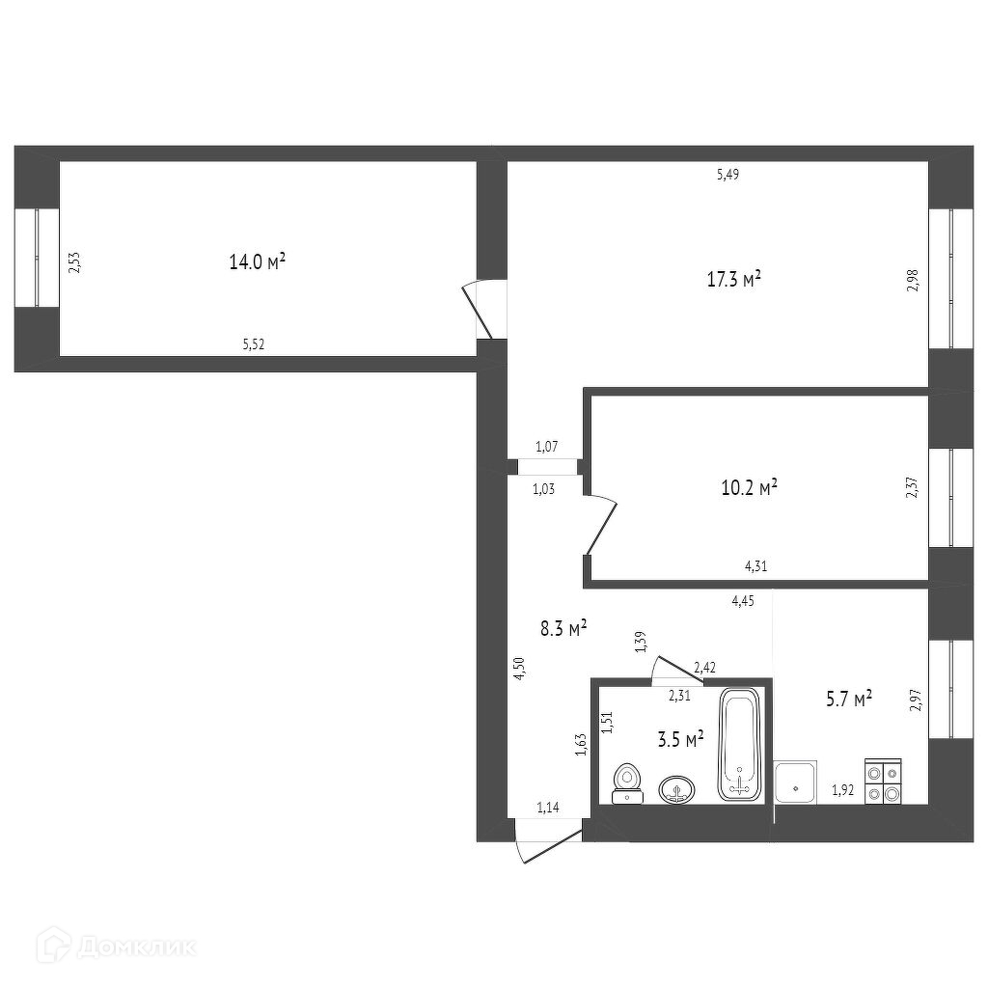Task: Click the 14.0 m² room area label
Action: (x=257, y=261)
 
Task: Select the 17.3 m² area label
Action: (x=734, y=279)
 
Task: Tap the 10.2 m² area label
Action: (x=749, y=487)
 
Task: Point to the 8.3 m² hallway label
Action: (x=563, y=628)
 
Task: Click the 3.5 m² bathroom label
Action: (x=680, y=738)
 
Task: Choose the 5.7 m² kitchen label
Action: (x=849, y=699)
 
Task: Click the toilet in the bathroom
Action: (x=627, y=783)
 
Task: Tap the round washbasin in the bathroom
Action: (x=677, y=789)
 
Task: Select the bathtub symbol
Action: (x=741, y=744)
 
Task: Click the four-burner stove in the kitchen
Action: (x=884, y=782)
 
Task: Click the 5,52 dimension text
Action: (x=254, y=344)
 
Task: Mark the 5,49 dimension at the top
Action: (x=727, y=175)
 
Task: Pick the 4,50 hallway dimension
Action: (x=519, y=668)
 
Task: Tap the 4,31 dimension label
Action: (x=756, y=565)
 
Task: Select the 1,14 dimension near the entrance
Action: (x=548, y=808)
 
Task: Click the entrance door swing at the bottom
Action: (x=547, y=845)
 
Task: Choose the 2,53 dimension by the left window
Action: (x=75, y=262)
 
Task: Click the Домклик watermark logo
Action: (x=116, y=947)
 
